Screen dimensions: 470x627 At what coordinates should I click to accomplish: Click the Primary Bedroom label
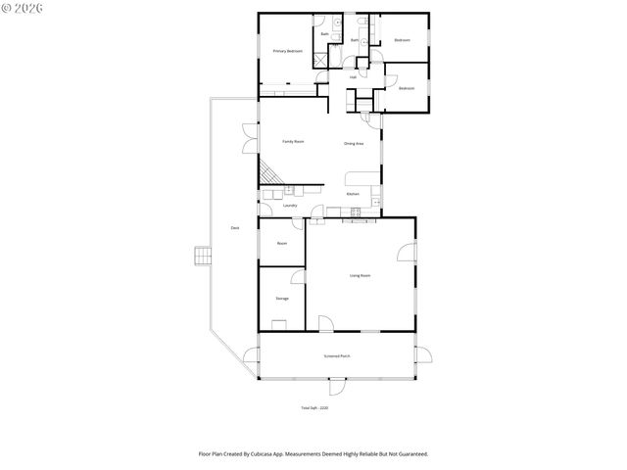point(287,51)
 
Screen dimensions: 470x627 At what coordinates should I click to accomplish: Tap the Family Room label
point(293,142)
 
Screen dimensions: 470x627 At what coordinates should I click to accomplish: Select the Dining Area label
point(354,144)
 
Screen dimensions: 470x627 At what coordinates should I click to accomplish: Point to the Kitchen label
point(353,194)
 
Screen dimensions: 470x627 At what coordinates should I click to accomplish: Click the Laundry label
point(289,206)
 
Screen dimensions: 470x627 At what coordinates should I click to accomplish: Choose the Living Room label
point(360,275)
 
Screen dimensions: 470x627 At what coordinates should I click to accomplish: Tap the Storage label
point(281,298)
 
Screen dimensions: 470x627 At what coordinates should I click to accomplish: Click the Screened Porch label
point(337,355)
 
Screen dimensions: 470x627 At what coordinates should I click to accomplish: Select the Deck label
point(235,228)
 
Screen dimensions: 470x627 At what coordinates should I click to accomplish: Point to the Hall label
point(353,77)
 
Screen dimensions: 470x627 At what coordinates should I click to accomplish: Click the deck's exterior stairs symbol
point(202,256)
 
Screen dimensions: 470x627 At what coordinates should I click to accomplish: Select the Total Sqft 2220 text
point(313,407)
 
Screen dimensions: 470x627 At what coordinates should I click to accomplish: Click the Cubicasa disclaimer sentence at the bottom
point(313,454)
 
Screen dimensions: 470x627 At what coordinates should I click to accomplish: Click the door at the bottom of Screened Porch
point(338,384)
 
